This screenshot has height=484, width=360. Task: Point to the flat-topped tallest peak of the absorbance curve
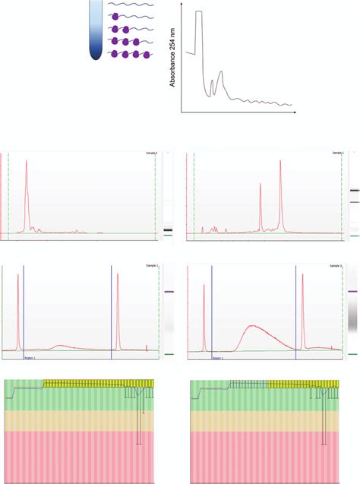199,13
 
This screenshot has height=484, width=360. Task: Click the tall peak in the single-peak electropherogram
27,163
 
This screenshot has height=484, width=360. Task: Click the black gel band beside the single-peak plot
168,230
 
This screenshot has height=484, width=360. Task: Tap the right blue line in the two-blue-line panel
111,312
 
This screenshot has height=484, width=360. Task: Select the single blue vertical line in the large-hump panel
212,312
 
